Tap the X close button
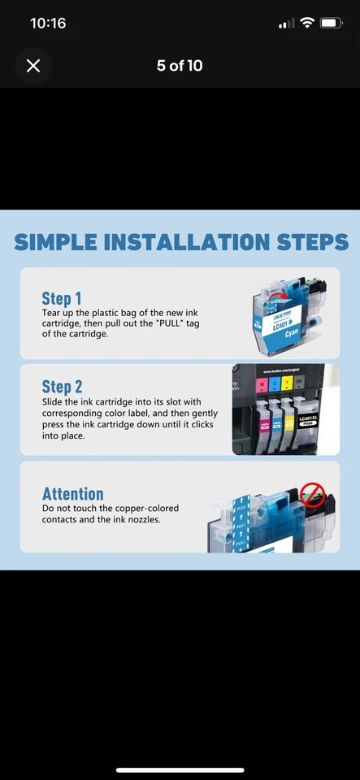[33, 66]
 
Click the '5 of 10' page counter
[180, 66]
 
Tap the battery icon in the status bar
[331, 24]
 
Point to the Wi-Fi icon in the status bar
[306, 24]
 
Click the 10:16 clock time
[48, 24]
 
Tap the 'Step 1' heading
[62, 298]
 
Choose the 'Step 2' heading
[63, 387]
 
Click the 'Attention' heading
[73, 494]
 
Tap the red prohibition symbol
[313, 493]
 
